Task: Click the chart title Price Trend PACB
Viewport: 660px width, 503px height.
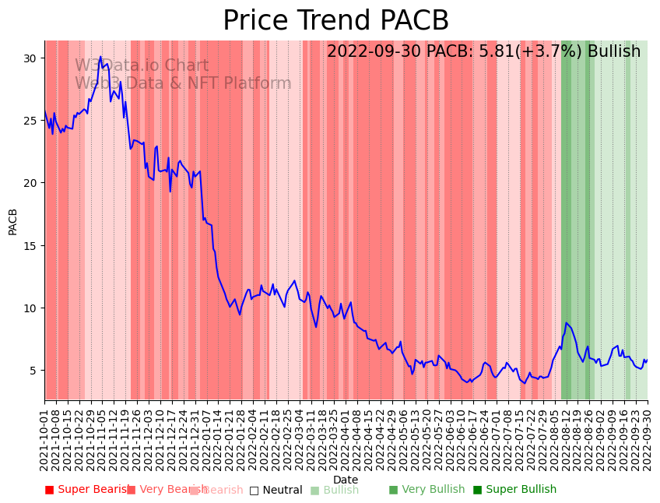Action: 335,21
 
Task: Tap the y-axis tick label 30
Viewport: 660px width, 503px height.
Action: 30,58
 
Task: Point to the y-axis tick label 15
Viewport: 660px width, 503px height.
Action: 30,246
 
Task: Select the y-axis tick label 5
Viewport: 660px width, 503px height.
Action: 33,371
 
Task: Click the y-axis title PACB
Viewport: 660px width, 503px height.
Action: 13,221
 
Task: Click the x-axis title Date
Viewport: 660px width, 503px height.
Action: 346,480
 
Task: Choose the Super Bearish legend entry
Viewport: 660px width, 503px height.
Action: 87,490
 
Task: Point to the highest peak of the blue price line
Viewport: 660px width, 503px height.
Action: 100,57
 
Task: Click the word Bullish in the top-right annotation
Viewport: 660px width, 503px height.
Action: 614,52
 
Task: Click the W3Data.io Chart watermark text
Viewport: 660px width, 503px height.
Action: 142,66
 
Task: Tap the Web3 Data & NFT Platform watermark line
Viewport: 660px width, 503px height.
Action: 183,84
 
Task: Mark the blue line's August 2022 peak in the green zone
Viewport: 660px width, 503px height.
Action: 567,322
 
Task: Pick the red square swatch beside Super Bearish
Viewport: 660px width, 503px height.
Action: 49,490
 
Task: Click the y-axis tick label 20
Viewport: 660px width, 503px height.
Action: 30,183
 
